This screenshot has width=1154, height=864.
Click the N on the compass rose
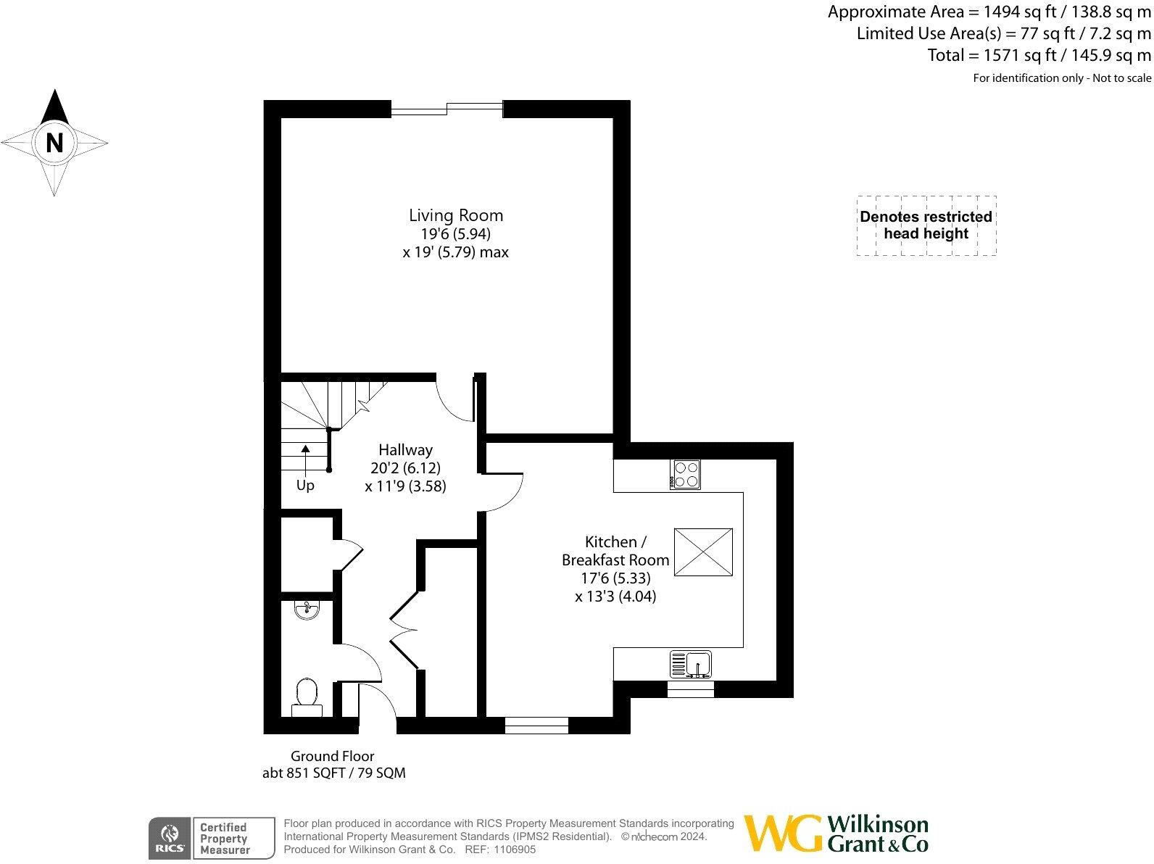(x=54, y=143)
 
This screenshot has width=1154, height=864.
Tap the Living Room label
(x=455, y=215)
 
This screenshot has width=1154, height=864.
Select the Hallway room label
(x=405, y=450)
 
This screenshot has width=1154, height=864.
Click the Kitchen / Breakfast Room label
(x=615, y=551)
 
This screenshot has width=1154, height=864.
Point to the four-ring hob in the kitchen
(x=686, y=474)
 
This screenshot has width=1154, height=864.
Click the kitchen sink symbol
(x=691, y=663)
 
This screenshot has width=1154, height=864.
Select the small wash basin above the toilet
(x=307, y=610)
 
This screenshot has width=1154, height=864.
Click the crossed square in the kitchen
(x=703, y=552)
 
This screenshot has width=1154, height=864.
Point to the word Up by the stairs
(x=305, y=485)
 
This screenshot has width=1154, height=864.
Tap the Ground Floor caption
(x=333, y=756)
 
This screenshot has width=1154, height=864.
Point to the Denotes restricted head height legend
(x=926, y=225)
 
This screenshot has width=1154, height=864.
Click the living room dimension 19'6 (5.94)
(x=455, y=234)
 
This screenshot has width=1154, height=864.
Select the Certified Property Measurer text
(x=225, y=839)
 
